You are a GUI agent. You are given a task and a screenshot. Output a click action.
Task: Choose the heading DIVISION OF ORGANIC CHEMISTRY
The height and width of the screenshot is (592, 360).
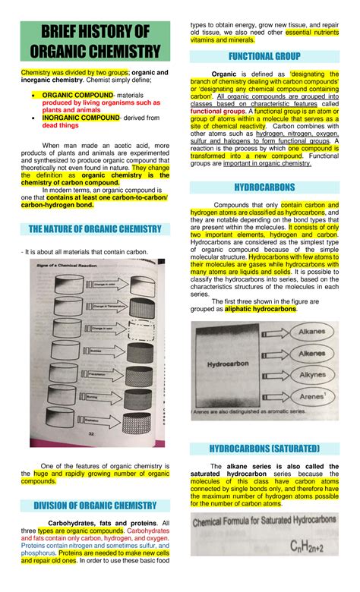point(94,505)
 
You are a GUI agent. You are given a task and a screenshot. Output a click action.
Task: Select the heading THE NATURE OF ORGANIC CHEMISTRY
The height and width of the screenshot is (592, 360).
point(94,228)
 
